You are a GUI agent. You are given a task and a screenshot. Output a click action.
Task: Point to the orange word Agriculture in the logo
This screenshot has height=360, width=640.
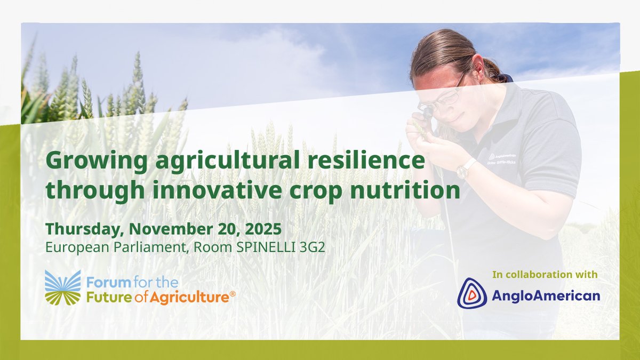[189, 298]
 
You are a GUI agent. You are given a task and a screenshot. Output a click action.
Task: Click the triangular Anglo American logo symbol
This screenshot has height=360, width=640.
[471, 293]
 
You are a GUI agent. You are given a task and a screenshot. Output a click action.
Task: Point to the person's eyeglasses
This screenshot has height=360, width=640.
[445, 97]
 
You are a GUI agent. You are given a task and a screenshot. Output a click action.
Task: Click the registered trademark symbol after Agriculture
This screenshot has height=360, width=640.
[233, 294]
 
